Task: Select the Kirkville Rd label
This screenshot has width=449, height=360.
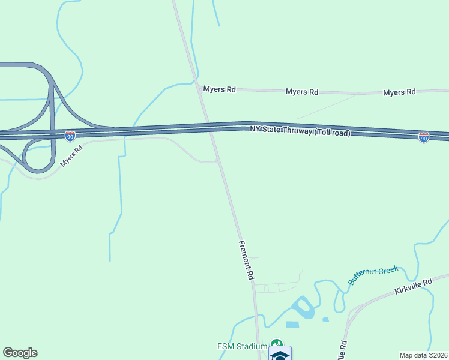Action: [413, 286]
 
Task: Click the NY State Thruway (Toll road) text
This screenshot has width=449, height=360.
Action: [300, 131]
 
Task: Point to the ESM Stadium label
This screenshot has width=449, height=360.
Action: [241, 347]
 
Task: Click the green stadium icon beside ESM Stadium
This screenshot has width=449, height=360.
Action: [276, 345]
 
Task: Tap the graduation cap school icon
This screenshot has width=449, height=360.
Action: [280, 354]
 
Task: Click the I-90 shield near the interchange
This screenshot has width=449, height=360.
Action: [70, 136]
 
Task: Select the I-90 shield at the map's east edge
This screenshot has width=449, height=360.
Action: [424, 137]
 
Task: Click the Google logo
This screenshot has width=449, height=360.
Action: [20, 353]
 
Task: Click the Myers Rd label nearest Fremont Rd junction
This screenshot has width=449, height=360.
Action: [219, 89]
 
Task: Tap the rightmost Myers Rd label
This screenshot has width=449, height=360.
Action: [399, 92]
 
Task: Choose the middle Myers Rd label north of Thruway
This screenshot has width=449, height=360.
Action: [301, 92]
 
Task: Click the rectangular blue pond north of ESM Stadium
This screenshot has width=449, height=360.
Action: [292, 325]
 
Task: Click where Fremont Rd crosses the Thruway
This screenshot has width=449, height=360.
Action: [209, 128]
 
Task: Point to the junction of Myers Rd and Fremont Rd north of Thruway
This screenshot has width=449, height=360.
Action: [199, 89]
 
